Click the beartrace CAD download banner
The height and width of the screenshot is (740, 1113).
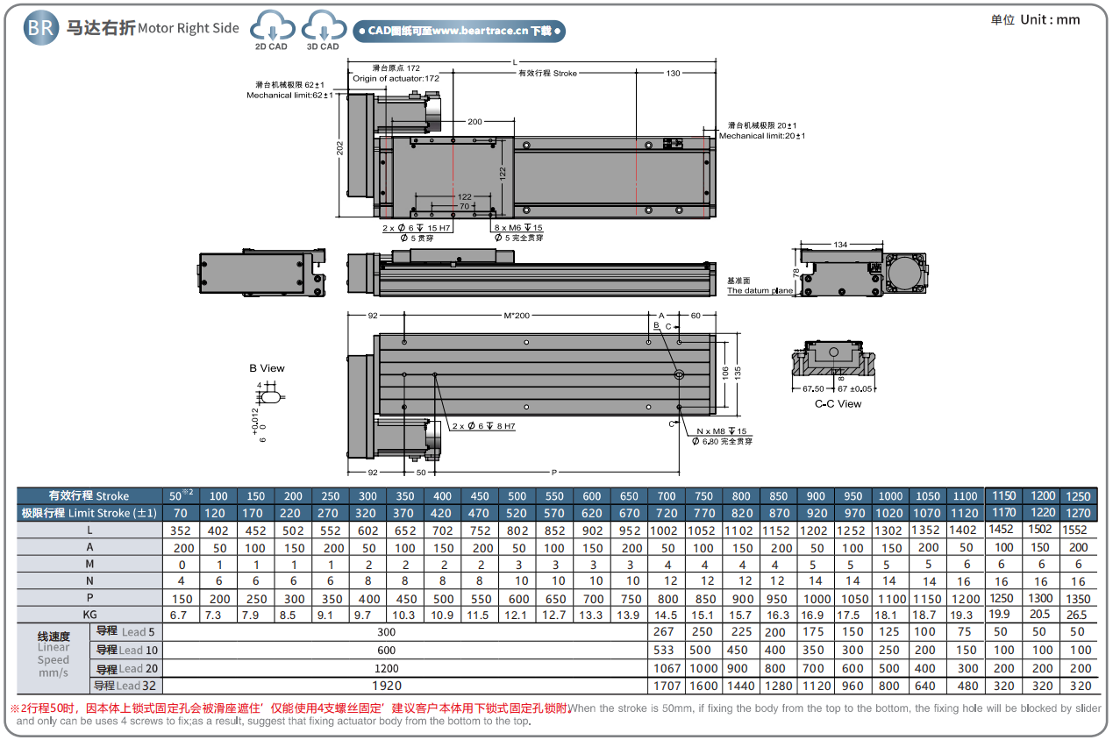click(459, 32)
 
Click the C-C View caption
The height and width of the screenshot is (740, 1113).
click(838, 404)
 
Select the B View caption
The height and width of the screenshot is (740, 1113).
click(267, 368)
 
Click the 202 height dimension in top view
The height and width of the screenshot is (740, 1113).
click(339, 150)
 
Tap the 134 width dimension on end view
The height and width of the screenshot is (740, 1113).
click(840, 245)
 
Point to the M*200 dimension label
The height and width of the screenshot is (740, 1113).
click(517, 315)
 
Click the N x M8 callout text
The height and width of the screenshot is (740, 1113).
click(722, 431)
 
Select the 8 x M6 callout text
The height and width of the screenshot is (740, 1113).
click(517, 228)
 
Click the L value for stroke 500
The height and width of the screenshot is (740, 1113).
click(517, 530)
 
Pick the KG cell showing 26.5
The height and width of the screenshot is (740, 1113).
click(1078, 615)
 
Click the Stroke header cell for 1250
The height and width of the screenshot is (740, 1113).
click(1078, 496)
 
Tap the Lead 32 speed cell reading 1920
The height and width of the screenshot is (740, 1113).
click(387, 686)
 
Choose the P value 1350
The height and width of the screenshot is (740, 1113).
click(1078, 598)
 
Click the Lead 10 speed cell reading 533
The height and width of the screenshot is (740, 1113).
click(664, 650)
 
